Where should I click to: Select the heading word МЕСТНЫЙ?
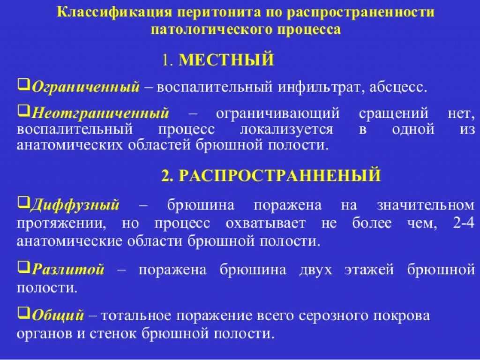click(226, 60)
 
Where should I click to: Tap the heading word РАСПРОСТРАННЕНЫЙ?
click(279, 175)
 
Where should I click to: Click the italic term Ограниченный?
click(86, 87)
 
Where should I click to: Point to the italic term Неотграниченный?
click(100, 113)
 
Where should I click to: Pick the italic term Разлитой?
click(68, 270)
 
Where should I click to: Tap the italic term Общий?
click(58, 315)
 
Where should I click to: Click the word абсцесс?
click(398, 88)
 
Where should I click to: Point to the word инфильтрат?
click(321, 87)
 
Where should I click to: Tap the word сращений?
click(394, 114)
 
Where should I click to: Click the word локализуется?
click(286, 129)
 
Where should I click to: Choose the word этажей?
click(369, 270)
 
